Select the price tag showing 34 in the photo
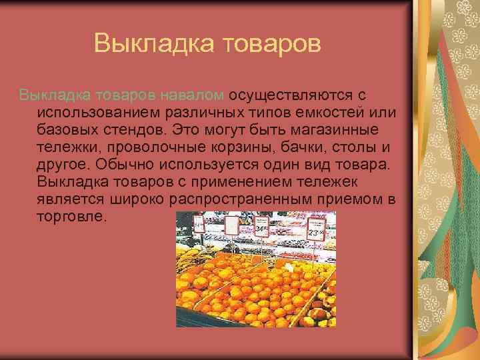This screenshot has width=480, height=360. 261,230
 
